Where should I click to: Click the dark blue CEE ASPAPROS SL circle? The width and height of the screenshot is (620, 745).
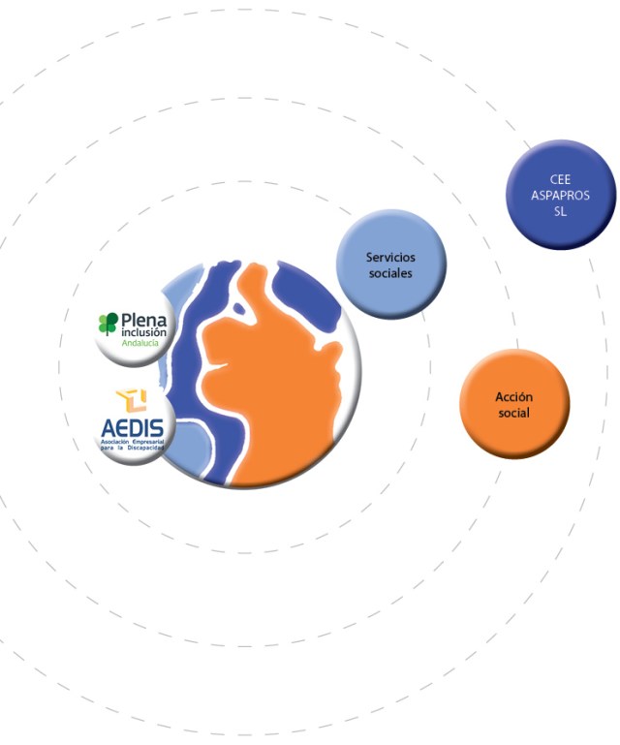561,194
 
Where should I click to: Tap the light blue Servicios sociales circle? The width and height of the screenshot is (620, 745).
390,264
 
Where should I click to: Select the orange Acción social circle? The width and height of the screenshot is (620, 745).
514,404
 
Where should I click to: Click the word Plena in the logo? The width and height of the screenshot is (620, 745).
143,320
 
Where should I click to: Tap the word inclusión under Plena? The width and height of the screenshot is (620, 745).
142,332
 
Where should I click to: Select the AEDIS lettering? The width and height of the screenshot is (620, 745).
133,426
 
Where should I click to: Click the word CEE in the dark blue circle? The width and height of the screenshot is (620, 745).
561,179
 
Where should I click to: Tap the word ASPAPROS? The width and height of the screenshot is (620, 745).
561,195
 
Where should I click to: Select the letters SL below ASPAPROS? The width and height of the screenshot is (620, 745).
561,210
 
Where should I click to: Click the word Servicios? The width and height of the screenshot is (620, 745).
390,257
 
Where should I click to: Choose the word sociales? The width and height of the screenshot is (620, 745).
390,273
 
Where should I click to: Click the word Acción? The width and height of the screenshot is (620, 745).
514,397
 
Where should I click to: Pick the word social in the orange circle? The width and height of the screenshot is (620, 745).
514,414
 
